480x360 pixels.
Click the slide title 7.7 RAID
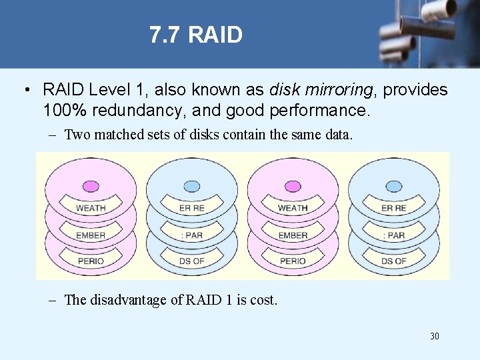point(196,35)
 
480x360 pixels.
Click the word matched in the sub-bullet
point(119,135)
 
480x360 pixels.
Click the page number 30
point(434,336)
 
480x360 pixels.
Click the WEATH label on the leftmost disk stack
point(91,209)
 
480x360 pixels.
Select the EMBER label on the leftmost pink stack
point(91,235)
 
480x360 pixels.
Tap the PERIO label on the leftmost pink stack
point(91,261)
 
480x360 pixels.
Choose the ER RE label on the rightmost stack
point(394,209)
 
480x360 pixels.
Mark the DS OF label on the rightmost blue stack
point(394,261)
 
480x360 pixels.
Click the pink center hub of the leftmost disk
point(90,186)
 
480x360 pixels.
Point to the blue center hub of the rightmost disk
point(394,186)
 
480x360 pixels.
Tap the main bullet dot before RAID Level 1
point(25,90)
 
